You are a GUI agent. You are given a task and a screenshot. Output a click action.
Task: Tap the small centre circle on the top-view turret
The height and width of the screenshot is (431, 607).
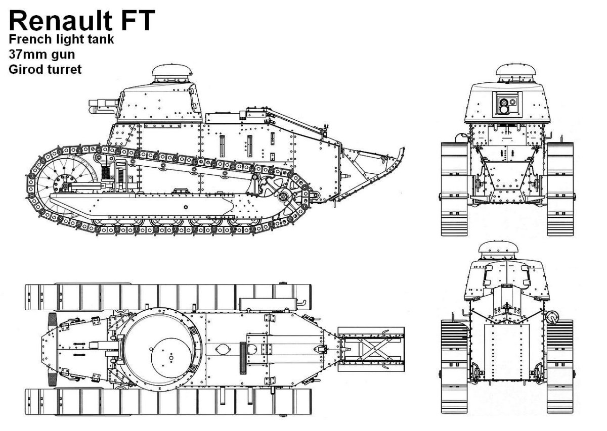pyautogui.click(x=171, y=358)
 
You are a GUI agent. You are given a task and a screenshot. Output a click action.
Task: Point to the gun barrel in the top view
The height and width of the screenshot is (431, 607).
pyautogui.click(x=99, y=345)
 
